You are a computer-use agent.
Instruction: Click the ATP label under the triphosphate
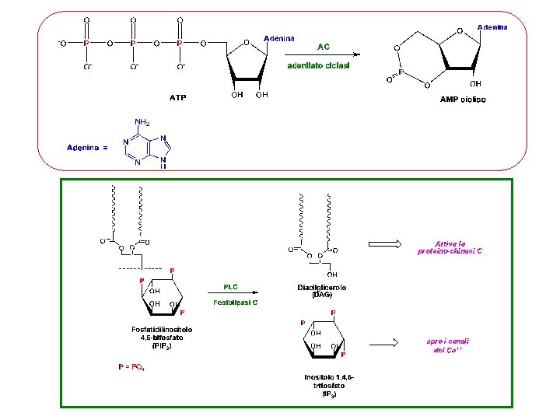click(x=178, y=98)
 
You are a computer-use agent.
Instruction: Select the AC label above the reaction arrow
click(x=324, y=46)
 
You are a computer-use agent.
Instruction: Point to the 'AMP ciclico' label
click(x=463, y=100)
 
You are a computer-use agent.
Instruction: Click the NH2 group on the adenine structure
click(x=142, y=122)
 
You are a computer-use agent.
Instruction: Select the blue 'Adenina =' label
click(x=86, y=146)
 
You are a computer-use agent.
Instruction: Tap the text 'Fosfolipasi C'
click(x=236, y=302)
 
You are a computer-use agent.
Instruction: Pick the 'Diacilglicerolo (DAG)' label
click(x=321, y=291)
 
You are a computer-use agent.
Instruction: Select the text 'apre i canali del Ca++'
click(x=447, y=345)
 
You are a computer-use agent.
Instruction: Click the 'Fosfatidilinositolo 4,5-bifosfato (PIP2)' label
click(x=162, y=338)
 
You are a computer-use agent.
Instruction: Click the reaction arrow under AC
click(x=322, y=55)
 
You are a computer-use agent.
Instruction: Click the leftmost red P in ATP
click(x=86, y=43)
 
